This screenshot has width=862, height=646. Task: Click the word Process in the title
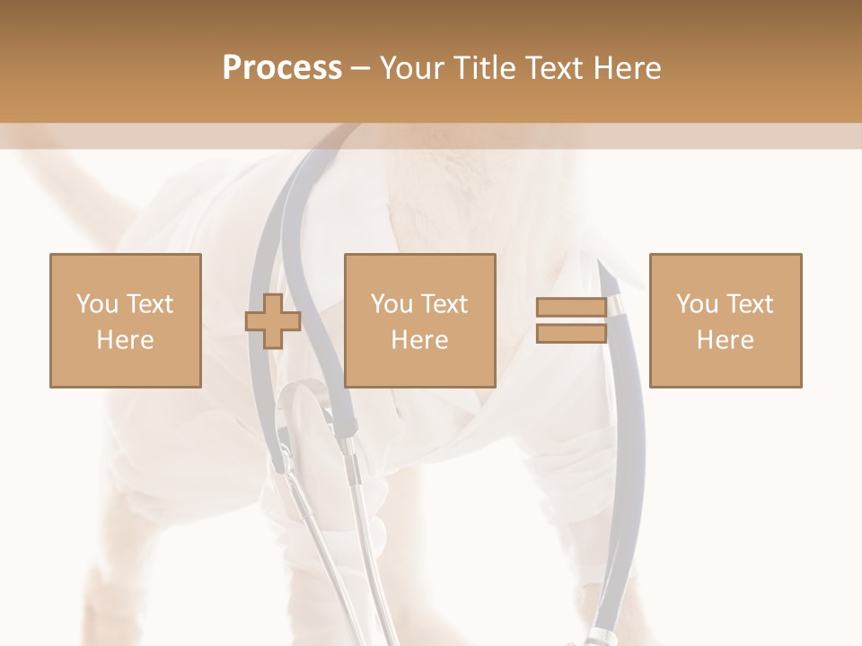click(x=282, y=68)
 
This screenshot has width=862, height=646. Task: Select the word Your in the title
click(x=411, y=68)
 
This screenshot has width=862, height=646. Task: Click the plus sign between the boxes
click(x=273, y=321)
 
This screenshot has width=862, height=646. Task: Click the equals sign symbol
click(x=571, y=320)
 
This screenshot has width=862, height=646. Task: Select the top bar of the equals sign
click(x=571, y=308)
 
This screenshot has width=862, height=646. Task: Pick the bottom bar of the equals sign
click(x=571, y=333)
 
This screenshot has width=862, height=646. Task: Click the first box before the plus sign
click(x=125, y=320)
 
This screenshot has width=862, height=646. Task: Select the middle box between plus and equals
click(x=419, y=320)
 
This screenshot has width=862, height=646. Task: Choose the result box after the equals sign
click(x=725, y=320)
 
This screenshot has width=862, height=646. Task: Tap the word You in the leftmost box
click(x=97, y=304)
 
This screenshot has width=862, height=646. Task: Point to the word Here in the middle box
click(x=419, y=340)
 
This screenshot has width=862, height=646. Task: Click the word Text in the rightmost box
click(x=750, y=304)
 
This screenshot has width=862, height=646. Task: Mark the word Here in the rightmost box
click(x=725, y=340)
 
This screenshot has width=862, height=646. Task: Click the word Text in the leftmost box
click(x=149, y=304)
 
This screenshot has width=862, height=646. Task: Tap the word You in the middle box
click(x=391, y=304)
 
